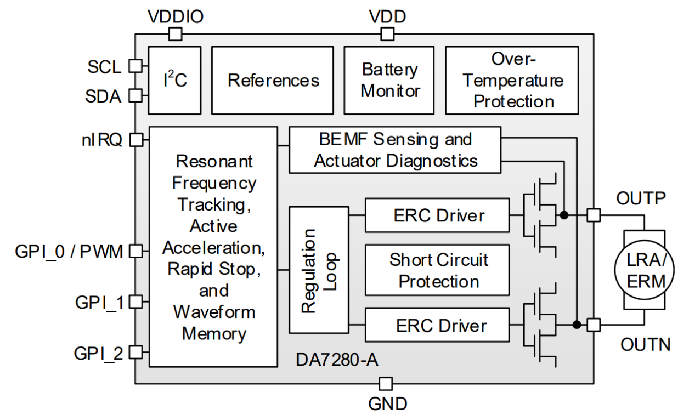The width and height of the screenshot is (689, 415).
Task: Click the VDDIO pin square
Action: click(175, 34)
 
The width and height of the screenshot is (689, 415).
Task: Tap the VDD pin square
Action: click(387, 34)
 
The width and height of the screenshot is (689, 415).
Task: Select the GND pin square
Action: click(386, 383)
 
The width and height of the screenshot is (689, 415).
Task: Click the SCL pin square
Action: click(135, 66)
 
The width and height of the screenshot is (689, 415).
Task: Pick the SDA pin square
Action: click(135, 96)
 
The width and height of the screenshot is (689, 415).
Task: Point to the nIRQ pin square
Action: click(135, 140)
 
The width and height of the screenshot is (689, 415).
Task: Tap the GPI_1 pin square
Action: click(135, 301)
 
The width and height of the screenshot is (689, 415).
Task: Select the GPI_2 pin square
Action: click(135, 352)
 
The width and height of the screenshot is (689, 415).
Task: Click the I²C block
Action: click(176, 80)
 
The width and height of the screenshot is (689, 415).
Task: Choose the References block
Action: click(273, 80)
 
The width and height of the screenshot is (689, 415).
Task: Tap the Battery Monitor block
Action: click(390, 80)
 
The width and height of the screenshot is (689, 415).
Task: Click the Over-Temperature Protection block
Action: click(512, 80)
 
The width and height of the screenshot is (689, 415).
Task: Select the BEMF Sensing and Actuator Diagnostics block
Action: click(394, 150)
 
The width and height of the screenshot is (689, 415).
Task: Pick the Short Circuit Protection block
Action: click(437, 270)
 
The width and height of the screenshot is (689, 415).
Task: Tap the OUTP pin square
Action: click(593, 215)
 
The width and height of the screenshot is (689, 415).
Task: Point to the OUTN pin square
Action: click(593, 325)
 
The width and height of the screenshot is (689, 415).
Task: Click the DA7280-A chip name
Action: click(337, 360)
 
